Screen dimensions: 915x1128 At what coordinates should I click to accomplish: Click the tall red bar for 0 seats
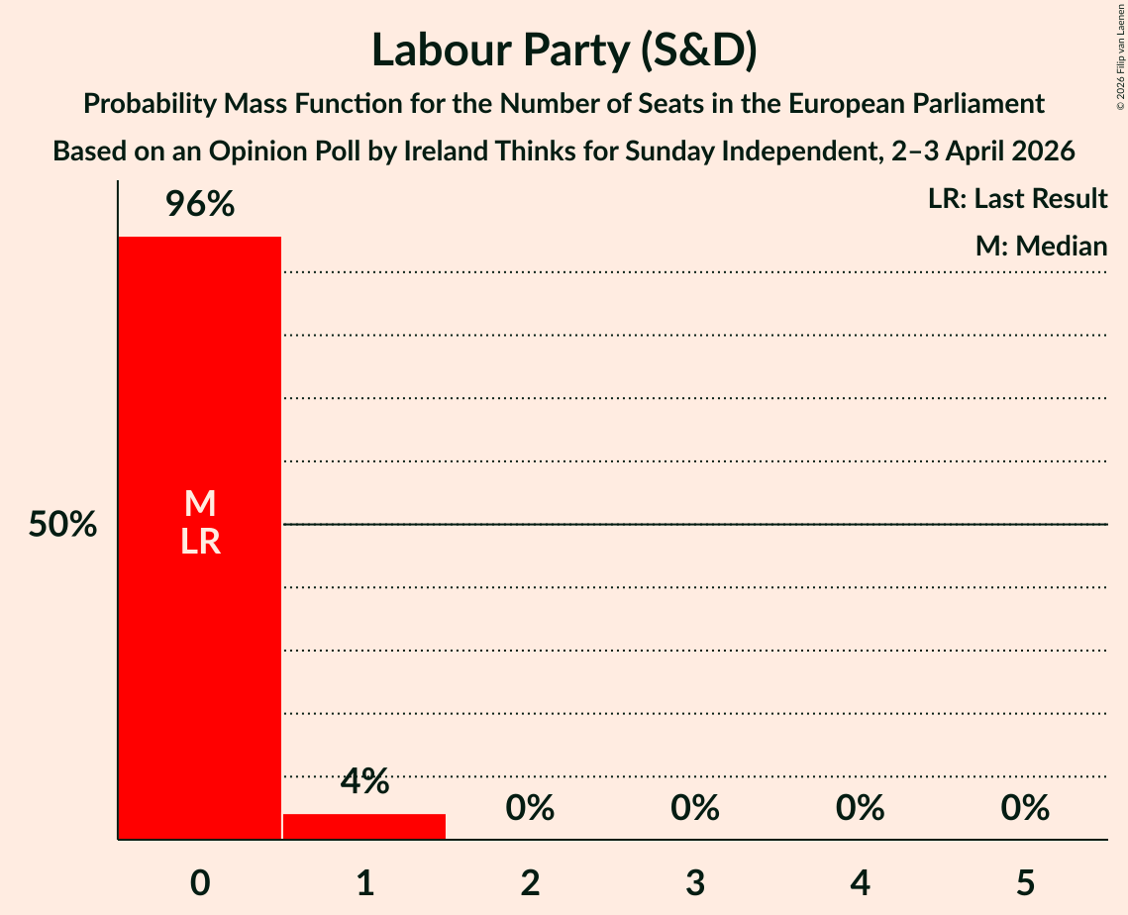(x=199, y=644)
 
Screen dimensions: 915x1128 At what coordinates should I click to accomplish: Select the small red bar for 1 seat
(x=364, y=827)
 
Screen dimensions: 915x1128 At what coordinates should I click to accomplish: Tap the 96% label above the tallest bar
(x=199, y=205)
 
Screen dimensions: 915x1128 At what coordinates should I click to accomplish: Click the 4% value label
(x=364, y=782)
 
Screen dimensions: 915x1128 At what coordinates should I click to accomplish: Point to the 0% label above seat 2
(x=530, y=808)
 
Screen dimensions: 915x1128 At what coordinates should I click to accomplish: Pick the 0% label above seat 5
(x=1024, y=808)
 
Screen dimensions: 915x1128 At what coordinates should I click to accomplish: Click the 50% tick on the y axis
(x=62, y=525)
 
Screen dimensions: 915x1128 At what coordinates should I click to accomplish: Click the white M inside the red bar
(x=199, y=504)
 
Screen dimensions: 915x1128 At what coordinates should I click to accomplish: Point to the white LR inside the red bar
(x=199, y=542)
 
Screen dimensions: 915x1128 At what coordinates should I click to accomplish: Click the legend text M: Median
(x=1040, y=246)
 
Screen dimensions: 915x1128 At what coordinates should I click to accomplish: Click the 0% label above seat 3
(x=694, y=808)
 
